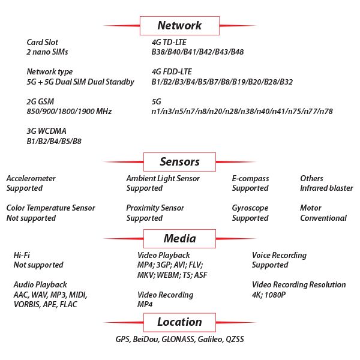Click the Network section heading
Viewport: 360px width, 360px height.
click(179, 25)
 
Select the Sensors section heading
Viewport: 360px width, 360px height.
click(179, 161)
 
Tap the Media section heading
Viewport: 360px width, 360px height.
click(179, 238)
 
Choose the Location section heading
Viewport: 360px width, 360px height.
click(179, 322)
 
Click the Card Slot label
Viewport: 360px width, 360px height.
click(42, 42)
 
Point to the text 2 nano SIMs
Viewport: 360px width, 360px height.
click(47, 52)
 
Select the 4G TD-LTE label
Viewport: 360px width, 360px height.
click(169, 42)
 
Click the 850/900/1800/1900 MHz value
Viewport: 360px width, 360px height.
click(69, 112)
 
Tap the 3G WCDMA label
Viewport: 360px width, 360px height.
click(46, 131)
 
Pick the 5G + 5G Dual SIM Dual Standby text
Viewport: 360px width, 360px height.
click(80, 82)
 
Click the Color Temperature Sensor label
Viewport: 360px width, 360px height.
click(51, 208)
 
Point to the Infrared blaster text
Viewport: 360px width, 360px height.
click(326, 188)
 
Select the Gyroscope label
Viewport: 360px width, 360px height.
click(250, 208)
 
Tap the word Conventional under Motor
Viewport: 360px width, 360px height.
click(323, 218)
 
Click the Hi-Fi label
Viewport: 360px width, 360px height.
click(22, 255)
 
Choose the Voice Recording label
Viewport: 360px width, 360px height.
click(279, 256)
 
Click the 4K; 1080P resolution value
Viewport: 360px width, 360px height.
click(269, 295)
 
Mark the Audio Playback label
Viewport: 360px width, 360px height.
click(40, 284)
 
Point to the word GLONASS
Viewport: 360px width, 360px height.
click(178, 340)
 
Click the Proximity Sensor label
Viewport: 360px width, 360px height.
click(155, 208)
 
